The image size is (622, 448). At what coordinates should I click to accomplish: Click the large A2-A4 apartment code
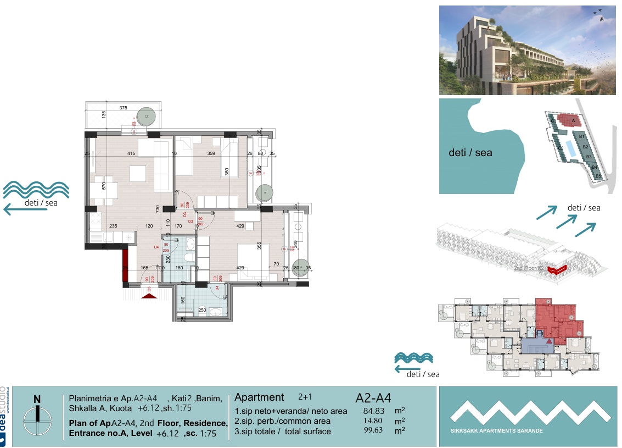[x=373, y=397]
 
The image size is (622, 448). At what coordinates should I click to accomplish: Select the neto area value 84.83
[x=374, y=411]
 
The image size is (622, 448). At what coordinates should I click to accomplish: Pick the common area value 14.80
[x=374, y=421]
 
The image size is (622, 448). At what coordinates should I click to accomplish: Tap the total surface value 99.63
[x=374, y=431]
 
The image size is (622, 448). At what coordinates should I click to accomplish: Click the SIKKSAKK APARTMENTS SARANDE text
[x=496, y=431]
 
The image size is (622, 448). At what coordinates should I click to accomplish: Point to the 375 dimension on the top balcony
[x=123, y=108]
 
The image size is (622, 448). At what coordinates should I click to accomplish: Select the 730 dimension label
[x=157, y=209]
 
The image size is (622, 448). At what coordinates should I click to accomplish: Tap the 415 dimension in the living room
[x=131, y=153]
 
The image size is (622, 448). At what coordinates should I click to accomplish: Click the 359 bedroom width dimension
[x=211, y=153]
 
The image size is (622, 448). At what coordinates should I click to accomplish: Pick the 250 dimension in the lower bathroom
[x=202, y=310]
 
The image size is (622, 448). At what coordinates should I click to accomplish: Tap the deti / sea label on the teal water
[x=470, y=153]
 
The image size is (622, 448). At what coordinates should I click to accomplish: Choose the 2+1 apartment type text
[x=305, y=396]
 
